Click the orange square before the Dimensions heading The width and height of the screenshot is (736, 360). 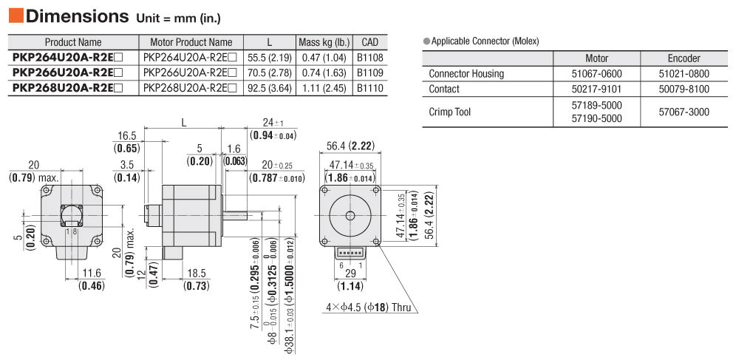[16, 16]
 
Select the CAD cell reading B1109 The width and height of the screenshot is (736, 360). [369, 73]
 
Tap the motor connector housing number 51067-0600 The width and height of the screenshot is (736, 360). [596, 73]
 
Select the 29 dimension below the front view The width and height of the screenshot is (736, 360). [350, 273]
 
